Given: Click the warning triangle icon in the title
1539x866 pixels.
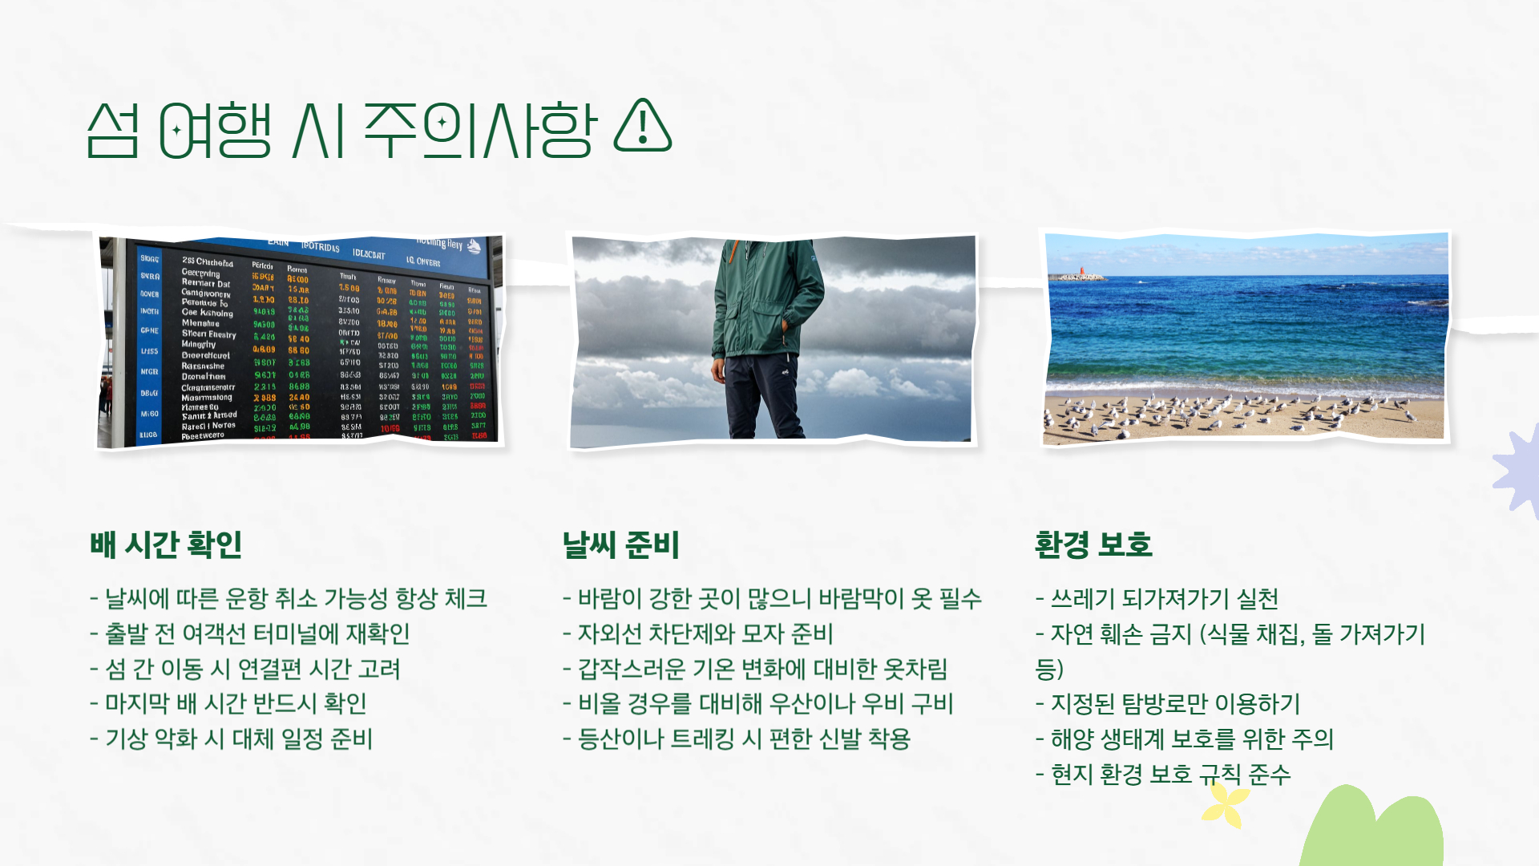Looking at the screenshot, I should [642, 127].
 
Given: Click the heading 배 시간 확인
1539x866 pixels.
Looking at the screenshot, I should [166, 544].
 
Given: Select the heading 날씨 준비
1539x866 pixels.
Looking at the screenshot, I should [620, 544].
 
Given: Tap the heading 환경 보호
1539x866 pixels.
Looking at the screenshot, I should [1093, 544].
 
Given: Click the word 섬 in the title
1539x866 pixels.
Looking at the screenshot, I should [113, 130].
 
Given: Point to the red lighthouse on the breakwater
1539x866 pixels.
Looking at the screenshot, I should [1081, 272].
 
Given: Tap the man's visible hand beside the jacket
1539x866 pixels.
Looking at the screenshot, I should [718, 370].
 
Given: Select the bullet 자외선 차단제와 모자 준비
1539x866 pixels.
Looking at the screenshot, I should [698, 633].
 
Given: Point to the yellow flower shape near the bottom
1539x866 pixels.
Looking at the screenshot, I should [1225, 804].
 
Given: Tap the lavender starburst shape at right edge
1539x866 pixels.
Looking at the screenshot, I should [1519, 473].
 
